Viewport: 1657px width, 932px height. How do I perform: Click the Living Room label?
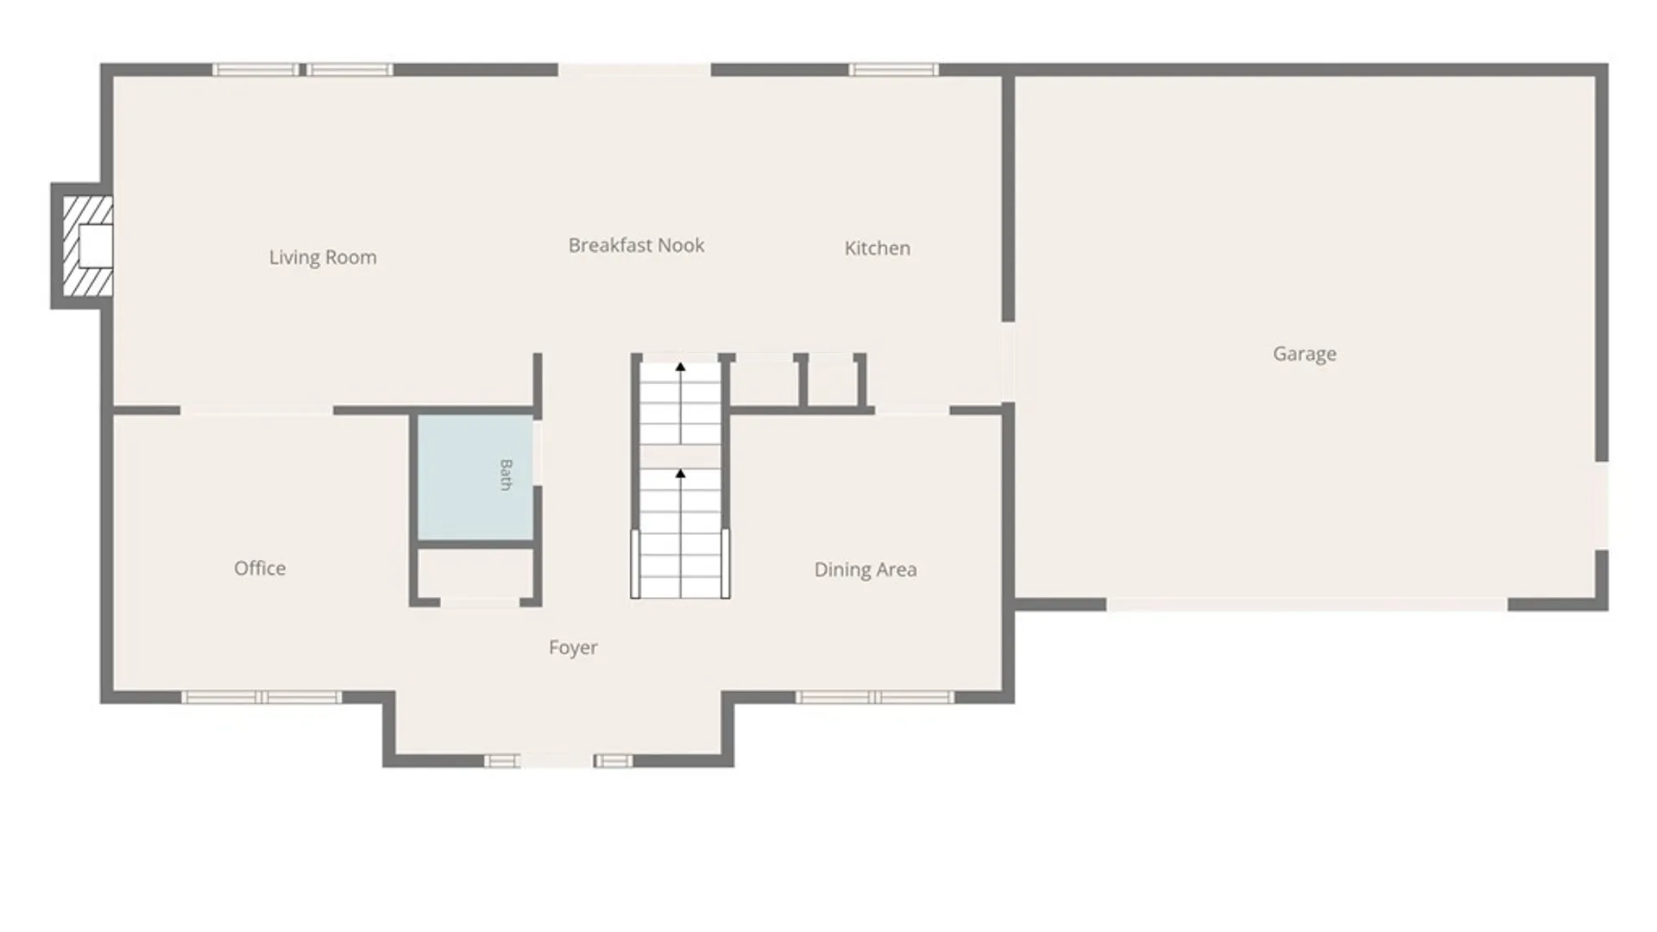[323, 257]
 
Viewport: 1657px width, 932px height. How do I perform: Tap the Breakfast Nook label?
[636, 245]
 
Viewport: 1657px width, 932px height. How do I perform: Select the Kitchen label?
[877, 249]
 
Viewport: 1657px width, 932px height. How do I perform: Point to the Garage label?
[1304, 354]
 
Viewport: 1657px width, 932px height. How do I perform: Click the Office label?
[260, 568]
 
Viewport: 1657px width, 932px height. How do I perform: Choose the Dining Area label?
[866, 570]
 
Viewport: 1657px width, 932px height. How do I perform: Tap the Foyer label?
[573, 648]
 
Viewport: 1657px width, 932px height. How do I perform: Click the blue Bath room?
[476, 478]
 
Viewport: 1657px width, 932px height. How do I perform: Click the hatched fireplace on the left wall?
[87, 246]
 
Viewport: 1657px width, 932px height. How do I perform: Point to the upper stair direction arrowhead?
[680, 368]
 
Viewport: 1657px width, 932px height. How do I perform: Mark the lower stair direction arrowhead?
[680, 474]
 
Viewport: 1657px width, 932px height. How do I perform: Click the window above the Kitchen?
[893, 70]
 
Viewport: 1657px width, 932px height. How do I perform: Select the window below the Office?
[261, 697]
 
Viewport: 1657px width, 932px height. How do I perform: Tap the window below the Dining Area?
[875, 697]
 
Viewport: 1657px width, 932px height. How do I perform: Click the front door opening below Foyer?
[557, 761]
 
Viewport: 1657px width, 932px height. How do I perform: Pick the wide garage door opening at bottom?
[1307, 605]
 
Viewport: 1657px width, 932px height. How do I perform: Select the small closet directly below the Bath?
[476, 573]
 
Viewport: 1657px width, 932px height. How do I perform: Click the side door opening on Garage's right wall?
[1602, 506]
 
